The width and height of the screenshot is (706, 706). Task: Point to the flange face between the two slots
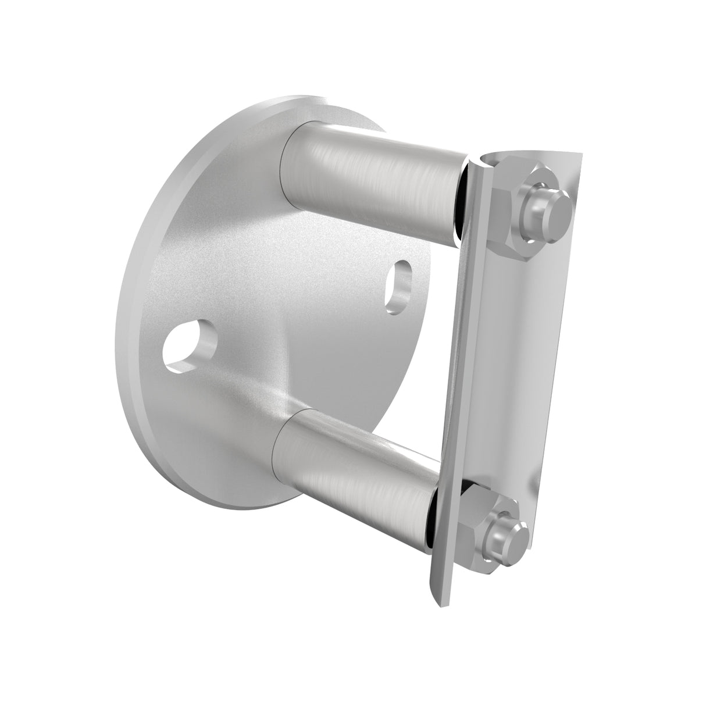pyautogui.click(x=291, y=314)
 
